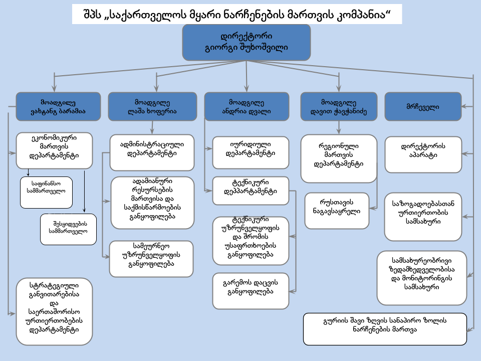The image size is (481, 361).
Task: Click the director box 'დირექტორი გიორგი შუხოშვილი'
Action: pyautogui.click(x=247, y=42)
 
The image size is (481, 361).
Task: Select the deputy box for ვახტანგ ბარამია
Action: pyautogui.click(x=58, y=106)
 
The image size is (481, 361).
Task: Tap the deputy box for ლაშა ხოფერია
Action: pyautogui.click(x=152, y=106)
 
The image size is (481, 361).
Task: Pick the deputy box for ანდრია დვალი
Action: pyautogui.click(x=247, y=106)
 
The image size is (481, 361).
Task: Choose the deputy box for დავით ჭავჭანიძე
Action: pyautogui.click(x=339, y=106)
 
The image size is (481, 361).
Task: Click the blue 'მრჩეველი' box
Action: pyautogui.click(x=423, y=106)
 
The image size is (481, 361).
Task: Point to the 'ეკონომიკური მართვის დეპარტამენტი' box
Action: pyautogui.click(x=54, y=151)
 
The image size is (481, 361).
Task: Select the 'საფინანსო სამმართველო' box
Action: pyautogui.click(x=46, y=193)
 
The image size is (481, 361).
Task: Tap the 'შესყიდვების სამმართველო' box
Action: pyautogui.click(x=69, y=229)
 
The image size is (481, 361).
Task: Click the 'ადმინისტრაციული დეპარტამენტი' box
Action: pyautogui.click(x=152, y=152)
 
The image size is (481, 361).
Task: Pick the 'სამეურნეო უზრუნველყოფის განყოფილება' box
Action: pyautogui.click(x=151, y=259)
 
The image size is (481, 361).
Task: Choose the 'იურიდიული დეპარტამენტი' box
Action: pyautogui.click(x=251, y=152)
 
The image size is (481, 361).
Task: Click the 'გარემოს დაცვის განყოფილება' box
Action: pyautogui.click(x=251, y=291)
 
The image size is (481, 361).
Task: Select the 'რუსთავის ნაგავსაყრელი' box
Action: pyautogui.click(x=337, y=211)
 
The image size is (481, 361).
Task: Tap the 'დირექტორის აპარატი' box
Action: pyautogui.click(x=423, y=154)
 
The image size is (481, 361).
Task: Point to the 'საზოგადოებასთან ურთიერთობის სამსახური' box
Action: pyautogui.click(x=423, y=217)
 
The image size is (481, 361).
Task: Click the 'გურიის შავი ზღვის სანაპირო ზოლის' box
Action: pyautogui.click(x=385, y=329)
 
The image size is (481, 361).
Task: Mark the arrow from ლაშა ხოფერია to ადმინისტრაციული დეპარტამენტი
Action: pyautogui.click(x=152, y=128)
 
